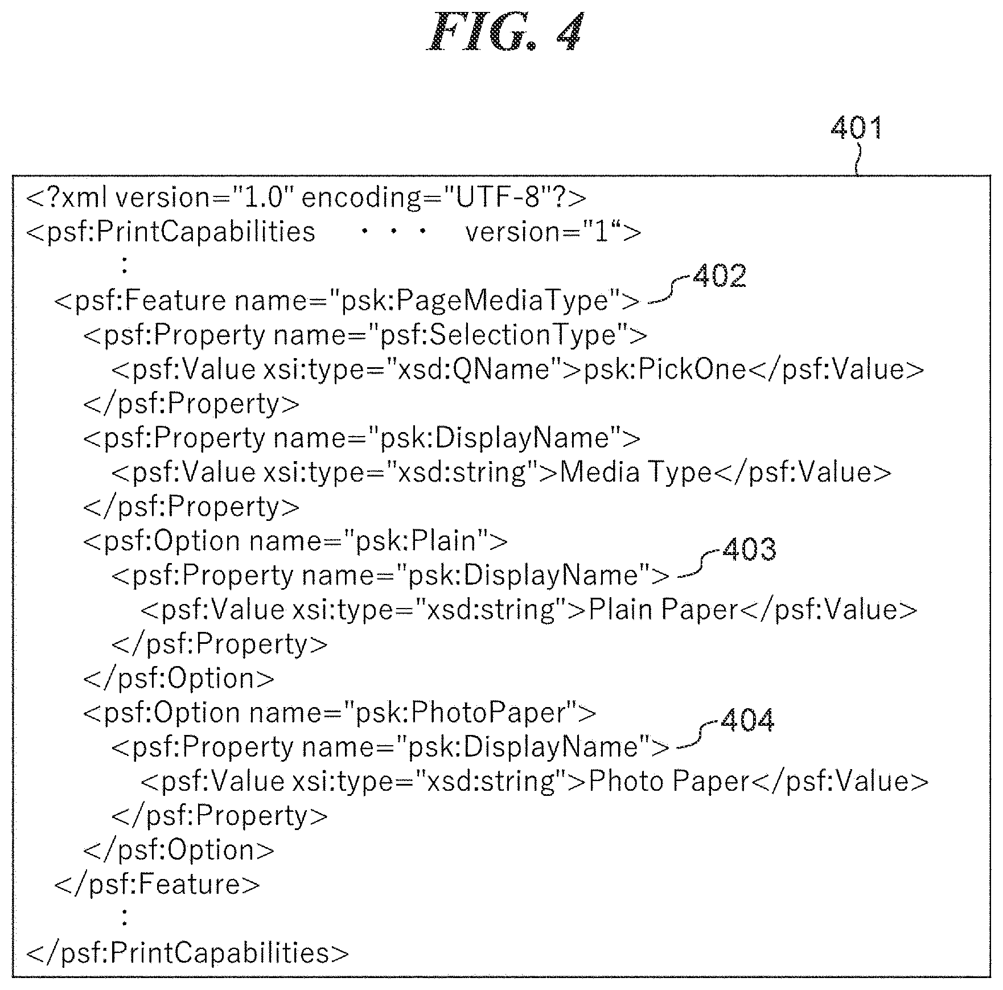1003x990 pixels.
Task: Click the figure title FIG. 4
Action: (505, 32)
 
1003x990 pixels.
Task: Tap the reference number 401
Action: (857, 127)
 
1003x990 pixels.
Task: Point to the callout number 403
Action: (749, 549)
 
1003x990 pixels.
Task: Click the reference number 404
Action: (747, 720)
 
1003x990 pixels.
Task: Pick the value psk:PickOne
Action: (665, 369)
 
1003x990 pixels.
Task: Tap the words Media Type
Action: (636, 472)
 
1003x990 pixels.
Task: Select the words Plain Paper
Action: (663, 609)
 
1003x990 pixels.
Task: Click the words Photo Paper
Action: (669, 781)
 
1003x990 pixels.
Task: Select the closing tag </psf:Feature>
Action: (157, 884)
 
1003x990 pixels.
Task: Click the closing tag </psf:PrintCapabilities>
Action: (188, 953)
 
